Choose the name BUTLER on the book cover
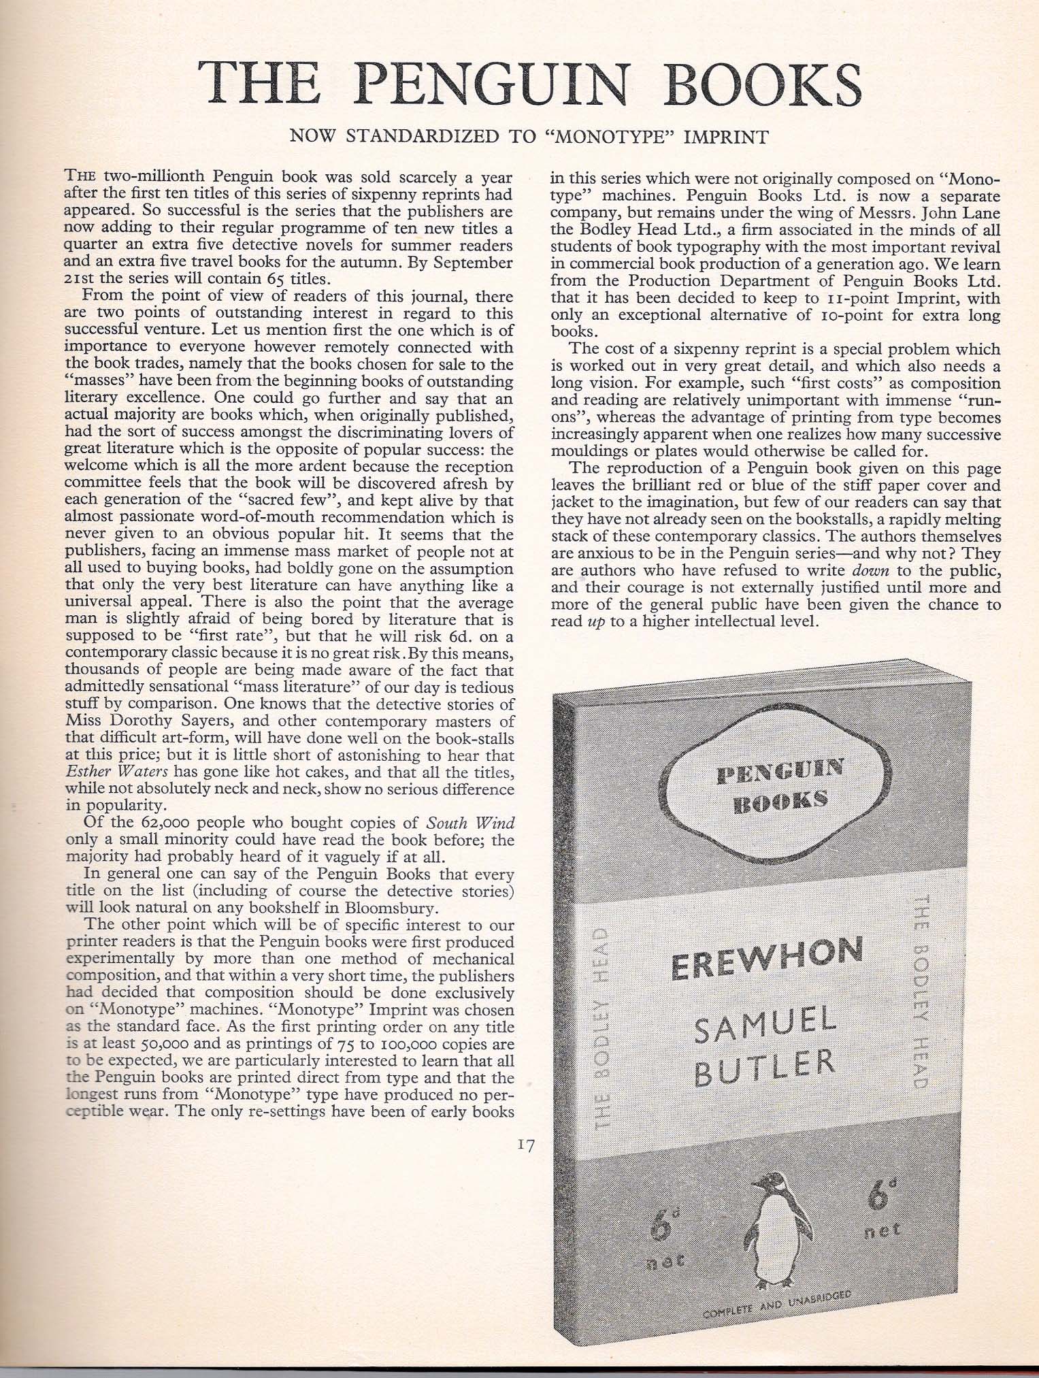pyautogui.click(x=766, y=1070)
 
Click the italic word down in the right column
pyautogui.click(x=870, y=570)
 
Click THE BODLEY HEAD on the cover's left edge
pyautogui.click(x=603, y=1034)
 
